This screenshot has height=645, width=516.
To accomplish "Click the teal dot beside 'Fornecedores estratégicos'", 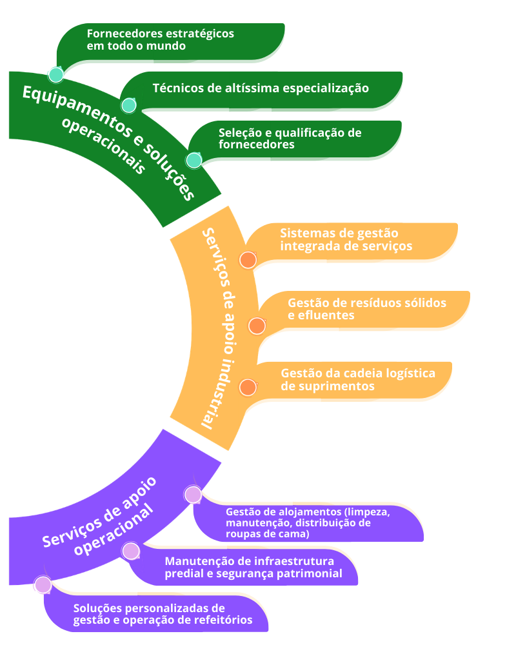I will (56, 75).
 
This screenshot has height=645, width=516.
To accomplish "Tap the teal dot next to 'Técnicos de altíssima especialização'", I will (128, 105).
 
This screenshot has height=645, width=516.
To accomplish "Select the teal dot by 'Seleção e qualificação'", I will (194, 160).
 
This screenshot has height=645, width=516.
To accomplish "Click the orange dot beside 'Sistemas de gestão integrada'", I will (248, 260).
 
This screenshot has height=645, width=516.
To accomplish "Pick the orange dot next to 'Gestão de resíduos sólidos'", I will (257, 326).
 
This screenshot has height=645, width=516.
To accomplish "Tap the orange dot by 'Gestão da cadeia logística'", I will (248, 387).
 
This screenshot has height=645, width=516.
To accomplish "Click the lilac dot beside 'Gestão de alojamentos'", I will (193, 495).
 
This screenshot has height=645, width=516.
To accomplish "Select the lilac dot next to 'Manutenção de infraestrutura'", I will (131, 551).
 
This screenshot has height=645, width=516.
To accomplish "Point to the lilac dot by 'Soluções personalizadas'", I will (43, 584).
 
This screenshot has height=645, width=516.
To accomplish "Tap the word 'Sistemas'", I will (304, 233).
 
